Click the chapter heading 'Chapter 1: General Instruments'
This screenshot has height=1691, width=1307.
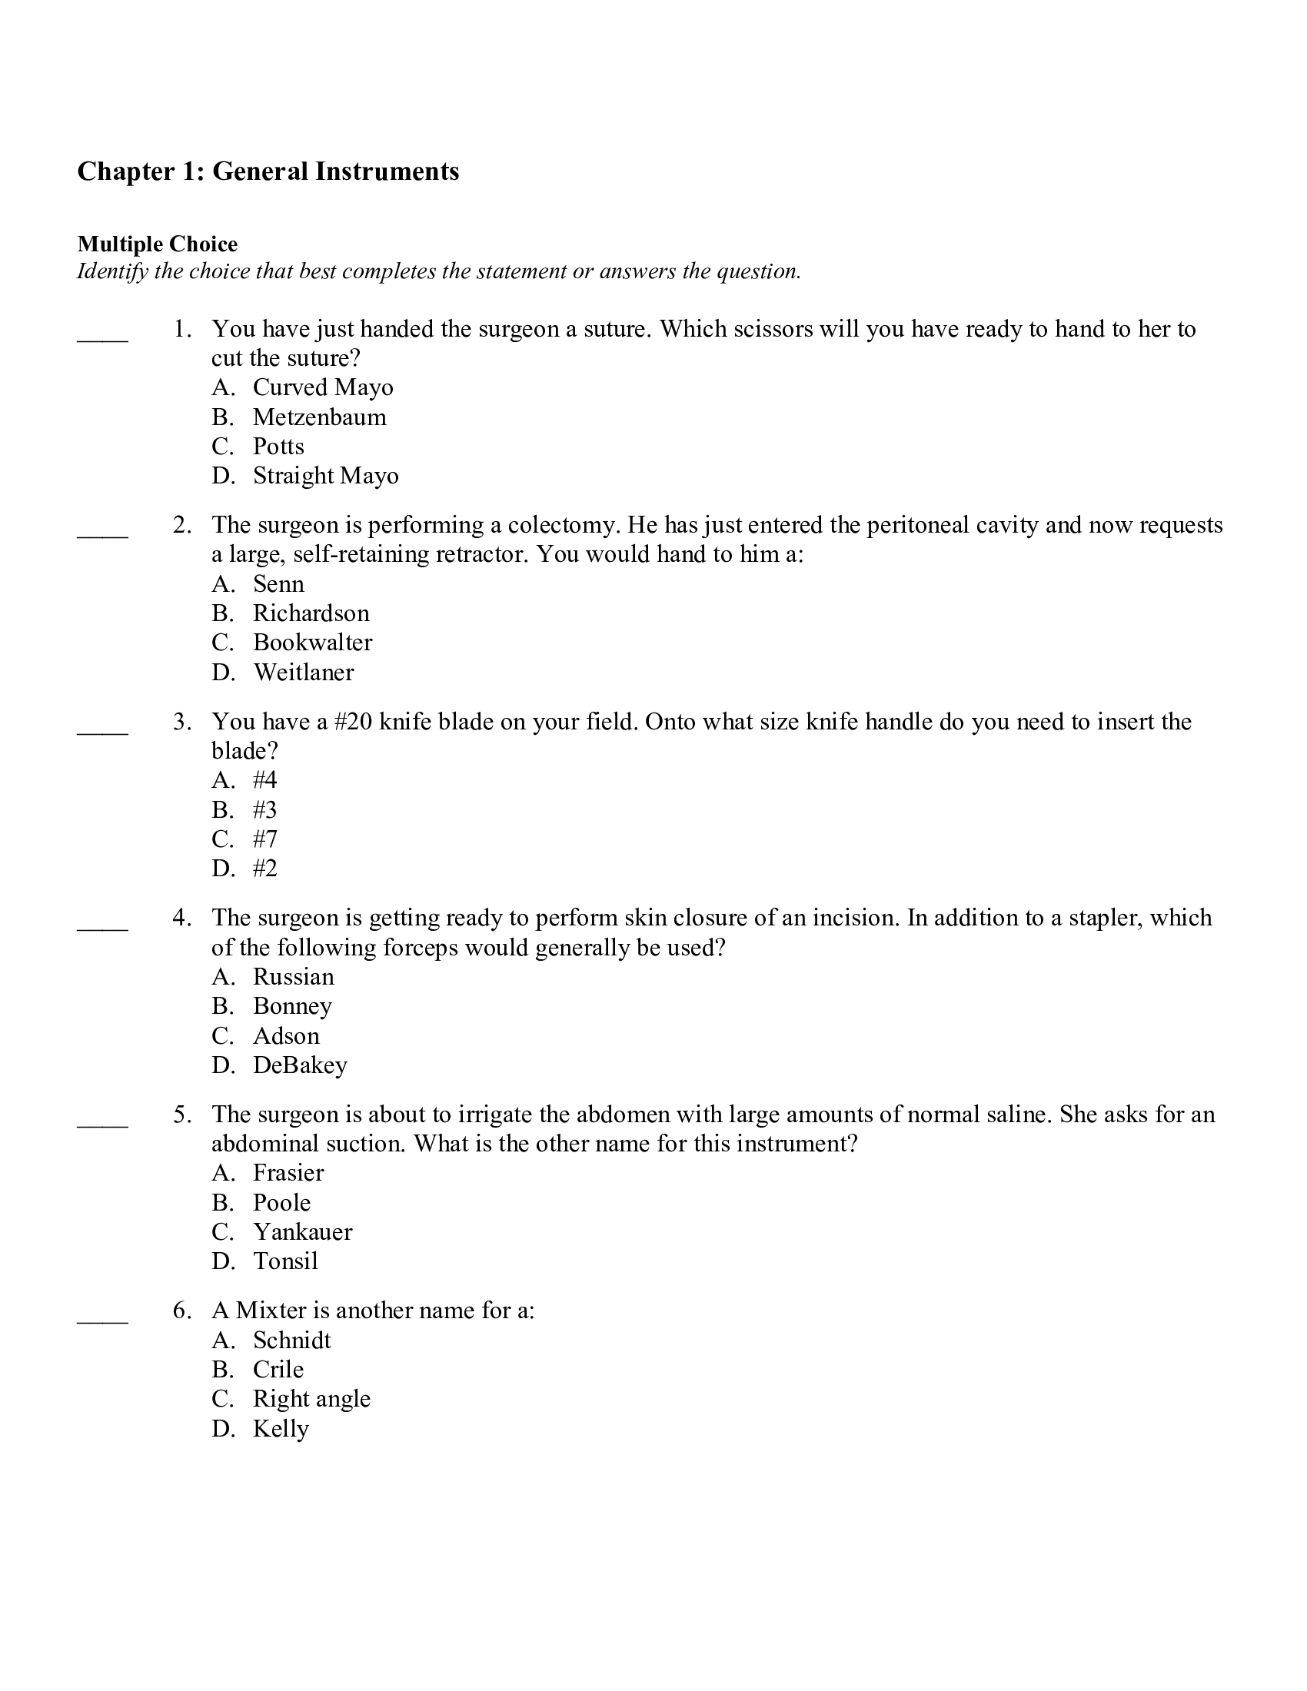[268, 171]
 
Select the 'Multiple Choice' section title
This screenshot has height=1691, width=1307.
[157, 244]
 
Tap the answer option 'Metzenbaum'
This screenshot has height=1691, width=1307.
[319, 417]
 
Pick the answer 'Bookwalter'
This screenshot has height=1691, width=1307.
[312, 643]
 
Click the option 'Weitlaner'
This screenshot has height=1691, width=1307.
[303, 672]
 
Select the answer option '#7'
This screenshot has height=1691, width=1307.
[264, 839]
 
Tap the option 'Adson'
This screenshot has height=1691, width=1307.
[286, 1036]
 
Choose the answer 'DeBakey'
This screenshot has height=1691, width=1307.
[300, 1065]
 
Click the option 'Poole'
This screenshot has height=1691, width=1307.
[282, 1202]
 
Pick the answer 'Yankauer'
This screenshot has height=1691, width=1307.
[302, 1232]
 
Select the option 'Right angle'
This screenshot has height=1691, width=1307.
[311, 1399]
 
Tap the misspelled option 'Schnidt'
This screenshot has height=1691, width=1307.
[291, 1341]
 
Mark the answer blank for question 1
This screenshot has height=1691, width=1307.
[102, 337]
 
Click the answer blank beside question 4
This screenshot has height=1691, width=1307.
[102, 926]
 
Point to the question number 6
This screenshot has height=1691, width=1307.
[181, 1311]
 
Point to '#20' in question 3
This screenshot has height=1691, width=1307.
[353, 722]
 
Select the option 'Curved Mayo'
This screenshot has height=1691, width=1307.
[322, 387]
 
